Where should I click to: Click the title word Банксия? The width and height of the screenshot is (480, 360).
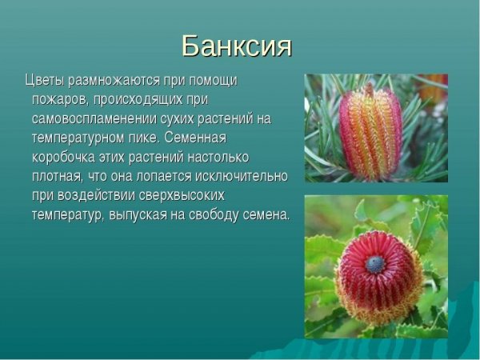coord(236,46)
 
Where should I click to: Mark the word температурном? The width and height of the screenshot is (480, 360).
coord(80,138)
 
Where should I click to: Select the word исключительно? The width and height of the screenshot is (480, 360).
coord(243,176)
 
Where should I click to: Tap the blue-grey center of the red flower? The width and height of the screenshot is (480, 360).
coord(375,264)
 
